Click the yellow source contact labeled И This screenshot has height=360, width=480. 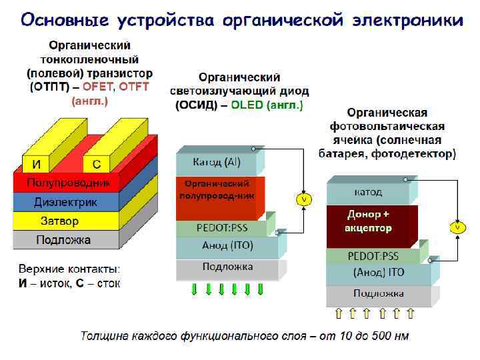tap(34, 164)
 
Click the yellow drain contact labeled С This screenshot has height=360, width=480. tap(96, 164)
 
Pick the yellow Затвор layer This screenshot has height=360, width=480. tap(60, 221)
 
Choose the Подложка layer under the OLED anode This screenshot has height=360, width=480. tap(227, 268)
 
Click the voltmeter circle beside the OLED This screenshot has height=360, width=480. tap(303, 199)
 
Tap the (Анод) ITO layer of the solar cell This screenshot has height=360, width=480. tap(377, 273)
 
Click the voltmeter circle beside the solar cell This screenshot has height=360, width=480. tap(457, 227)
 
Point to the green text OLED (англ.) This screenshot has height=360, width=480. tap(267, 105)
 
